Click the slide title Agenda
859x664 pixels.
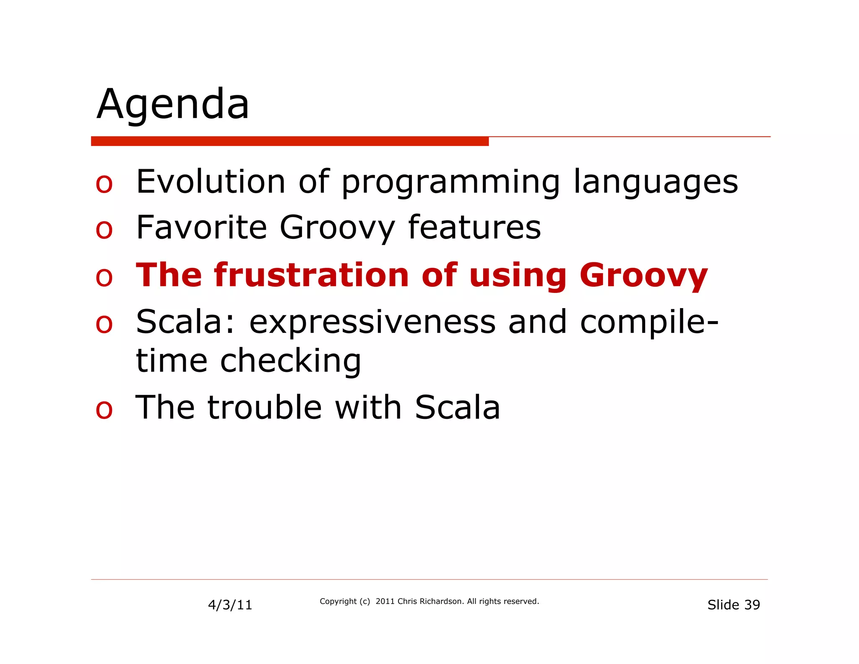[173, 104]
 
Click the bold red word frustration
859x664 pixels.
[311, 275]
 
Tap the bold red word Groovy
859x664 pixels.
[643, 276]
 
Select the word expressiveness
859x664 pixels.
[372, 322]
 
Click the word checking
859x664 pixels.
[290, 361]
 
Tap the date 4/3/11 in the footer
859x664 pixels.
[230, 605]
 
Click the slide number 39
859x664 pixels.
[752, 605]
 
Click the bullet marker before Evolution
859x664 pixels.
[104, 184]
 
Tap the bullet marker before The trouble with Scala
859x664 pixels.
[104, 410]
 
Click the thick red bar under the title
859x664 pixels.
[289, 141]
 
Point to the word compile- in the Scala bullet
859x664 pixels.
[649, 322]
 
